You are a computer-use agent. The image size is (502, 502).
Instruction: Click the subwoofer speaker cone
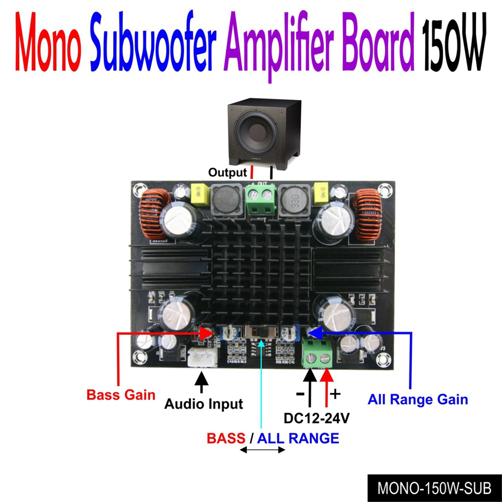coord(256,131)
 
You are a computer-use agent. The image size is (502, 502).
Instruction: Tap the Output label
coord(227,173)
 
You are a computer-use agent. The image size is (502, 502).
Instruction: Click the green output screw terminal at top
coord(259,199)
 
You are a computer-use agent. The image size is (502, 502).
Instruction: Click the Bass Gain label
coord(121,395)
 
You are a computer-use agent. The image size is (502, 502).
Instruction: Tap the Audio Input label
coord(203,404)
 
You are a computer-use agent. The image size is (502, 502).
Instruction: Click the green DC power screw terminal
coord(317,354)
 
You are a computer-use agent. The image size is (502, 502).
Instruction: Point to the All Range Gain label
coord(418,400)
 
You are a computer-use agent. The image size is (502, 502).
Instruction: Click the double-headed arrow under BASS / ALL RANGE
coord(263,451)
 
